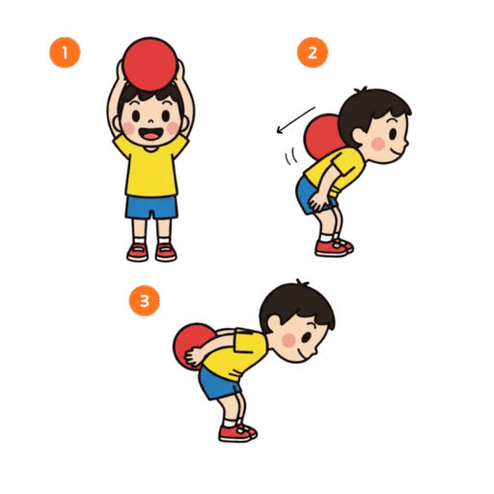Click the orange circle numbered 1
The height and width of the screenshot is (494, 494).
point(65,52)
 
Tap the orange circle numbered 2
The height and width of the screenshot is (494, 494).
point(313,52)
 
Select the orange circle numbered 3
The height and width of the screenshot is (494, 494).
point(145,301)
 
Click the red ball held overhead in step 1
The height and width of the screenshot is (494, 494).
point(151,65)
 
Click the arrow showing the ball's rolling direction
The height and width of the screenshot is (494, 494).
point(296,120)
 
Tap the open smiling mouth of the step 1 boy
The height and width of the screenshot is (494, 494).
point(151,134)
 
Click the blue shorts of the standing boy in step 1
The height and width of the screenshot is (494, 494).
point(151,207)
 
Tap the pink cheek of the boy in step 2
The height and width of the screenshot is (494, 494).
point(378,144)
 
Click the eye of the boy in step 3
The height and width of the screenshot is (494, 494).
point(307,337)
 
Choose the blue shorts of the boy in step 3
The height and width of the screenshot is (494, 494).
point(219,383)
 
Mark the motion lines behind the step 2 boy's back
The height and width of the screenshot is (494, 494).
point(290,156)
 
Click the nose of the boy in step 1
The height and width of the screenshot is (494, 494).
point(151,122)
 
